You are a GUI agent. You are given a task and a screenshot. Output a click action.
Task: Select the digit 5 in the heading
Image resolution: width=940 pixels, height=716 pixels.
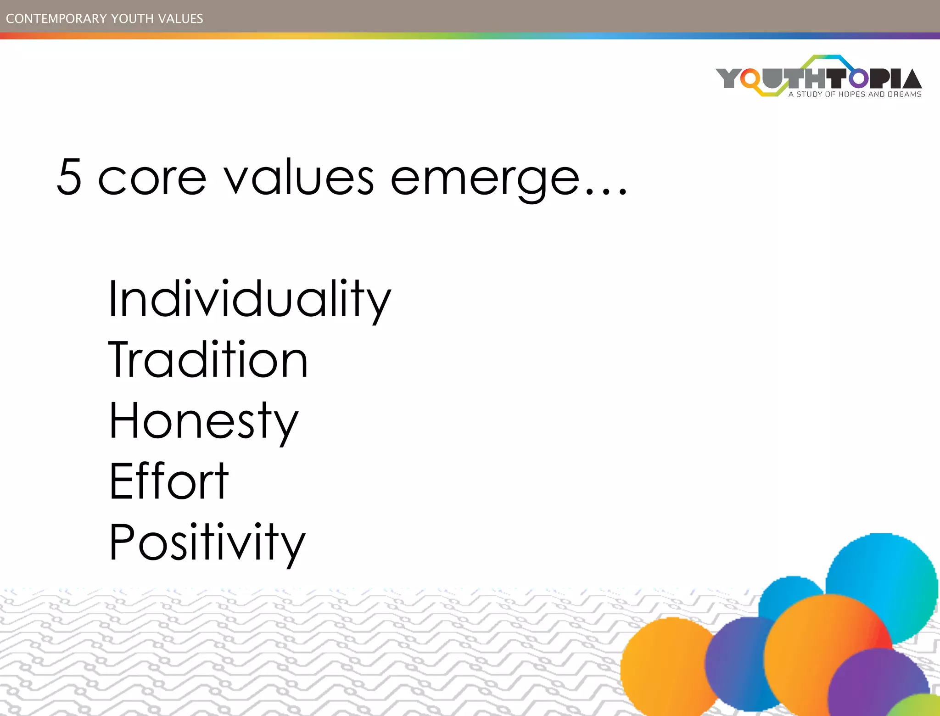point(69,177)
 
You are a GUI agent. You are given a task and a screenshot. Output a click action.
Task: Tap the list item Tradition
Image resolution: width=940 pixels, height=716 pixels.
point(208,360)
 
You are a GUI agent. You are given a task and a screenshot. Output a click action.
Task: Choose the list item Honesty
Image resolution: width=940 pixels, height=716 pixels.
point(204,421)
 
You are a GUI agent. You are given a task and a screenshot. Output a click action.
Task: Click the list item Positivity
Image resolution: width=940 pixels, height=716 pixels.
point(207,543)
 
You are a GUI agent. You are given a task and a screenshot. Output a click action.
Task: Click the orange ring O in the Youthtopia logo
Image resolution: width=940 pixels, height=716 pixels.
point(750,79)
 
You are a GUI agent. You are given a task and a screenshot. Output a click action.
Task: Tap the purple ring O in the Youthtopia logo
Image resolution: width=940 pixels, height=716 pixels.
point(858,78)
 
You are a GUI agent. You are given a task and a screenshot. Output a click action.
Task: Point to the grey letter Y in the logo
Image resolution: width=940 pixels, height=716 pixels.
point(728,78)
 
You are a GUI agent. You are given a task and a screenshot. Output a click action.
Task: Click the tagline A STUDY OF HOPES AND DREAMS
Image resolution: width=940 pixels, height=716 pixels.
point(855,95)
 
